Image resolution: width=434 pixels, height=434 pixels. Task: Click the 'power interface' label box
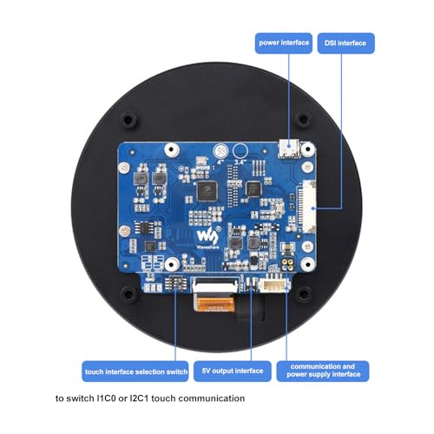point(284,43)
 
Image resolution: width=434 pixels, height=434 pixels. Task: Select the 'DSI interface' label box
point(345,43)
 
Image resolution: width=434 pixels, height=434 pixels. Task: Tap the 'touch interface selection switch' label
point(135,372)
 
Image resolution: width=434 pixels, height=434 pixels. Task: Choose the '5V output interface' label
point(233,371)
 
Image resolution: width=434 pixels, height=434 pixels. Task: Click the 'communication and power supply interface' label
point(323,371)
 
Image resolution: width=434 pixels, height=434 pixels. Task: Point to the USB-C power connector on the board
point(289,149)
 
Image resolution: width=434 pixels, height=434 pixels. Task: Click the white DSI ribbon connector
point(309,207)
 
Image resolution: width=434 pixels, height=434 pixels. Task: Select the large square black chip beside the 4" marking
point(207,191)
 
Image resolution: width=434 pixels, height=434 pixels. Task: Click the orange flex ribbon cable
point(215,304)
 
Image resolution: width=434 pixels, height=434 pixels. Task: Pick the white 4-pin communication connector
point(274,285)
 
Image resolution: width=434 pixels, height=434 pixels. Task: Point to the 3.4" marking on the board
point(240,162)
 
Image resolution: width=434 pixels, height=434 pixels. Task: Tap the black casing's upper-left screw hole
point(128,119)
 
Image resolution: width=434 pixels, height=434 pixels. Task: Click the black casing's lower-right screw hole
point(304,294)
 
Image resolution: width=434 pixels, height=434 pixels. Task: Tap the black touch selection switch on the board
point(175,283)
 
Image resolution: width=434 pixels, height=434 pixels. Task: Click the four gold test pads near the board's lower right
point(287,263)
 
